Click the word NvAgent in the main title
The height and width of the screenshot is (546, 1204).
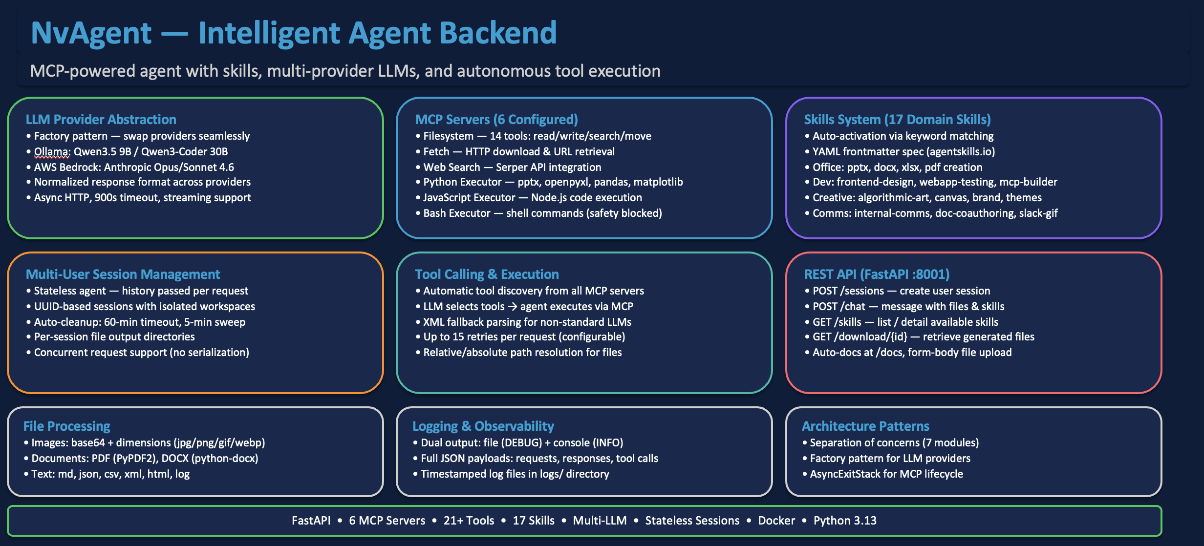pos(91,33)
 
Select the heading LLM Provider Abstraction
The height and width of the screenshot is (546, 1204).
pos(101,120)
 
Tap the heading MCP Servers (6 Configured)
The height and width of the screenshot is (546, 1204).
pos(496,120)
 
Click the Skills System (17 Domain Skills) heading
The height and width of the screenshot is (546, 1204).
pos(897,120)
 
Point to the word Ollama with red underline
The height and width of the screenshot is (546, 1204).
pos(52,152)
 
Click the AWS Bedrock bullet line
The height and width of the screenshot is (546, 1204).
pos(133,168)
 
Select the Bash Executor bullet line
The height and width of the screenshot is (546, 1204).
pos(542,213)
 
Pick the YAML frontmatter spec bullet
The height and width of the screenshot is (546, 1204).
pos(903,152)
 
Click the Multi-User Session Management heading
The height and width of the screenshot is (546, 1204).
pos(123,274)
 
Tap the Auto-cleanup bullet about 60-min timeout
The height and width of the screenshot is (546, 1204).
pos(139,322)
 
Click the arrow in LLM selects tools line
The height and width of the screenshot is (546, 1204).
pos(512,307)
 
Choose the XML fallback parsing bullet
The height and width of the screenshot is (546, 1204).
pos(527,322)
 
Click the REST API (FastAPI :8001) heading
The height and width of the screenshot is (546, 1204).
pos(877,274)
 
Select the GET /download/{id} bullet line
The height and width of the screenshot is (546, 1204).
pos(923,337)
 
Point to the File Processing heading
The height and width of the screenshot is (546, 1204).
pos(67,426)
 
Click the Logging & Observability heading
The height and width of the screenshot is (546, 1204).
pos(483,426)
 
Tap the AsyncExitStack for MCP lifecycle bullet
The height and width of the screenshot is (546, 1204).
pos(886,474)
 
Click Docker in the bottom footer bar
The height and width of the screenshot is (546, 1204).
pos(776,521)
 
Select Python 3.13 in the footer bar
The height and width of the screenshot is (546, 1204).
pos(844,521)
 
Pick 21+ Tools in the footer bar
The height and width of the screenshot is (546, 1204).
pos(469,521)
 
